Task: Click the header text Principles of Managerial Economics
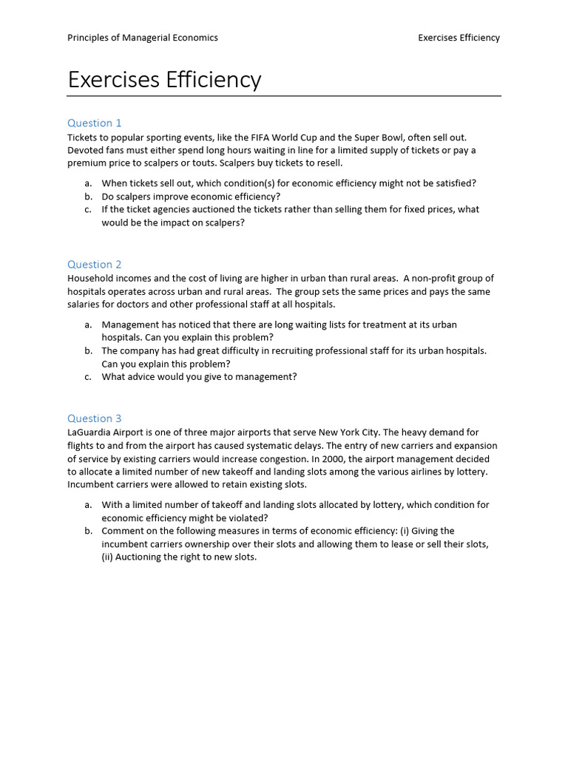(x=143, y=38)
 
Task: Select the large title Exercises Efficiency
(x=164, y=79)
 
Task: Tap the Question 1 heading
(x=95, y=123)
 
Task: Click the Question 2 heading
(x=95, y=264)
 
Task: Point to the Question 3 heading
(x=95, y=418)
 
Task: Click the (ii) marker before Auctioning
(x=107, y=557)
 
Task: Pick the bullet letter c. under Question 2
(x=88, y=376)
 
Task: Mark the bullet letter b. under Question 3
(x=88, y=531)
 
